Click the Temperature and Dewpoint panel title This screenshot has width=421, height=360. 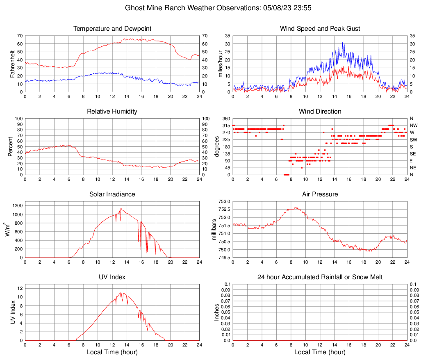[112, 29]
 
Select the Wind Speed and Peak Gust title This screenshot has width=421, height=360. [320, 29]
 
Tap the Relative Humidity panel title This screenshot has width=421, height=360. [112, 112]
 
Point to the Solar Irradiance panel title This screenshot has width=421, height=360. [112, 194]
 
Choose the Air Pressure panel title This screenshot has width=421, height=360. [320, 194]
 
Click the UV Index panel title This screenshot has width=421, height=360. [112, 277]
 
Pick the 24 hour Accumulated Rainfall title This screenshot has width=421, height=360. [320, 277]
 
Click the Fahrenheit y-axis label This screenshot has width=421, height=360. [12, 64]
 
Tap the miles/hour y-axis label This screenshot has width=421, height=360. [220, 64]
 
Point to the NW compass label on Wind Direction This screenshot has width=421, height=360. [413, 125]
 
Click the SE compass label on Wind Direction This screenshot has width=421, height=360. [413, 154]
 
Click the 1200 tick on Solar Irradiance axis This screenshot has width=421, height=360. [17, 204]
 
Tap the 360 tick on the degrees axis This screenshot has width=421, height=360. [225, 118]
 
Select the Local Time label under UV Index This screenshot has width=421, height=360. [112, 352]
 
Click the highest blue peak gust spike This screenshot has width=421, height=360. [343, 43]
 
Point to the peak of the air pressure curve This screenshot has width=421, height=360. [295, 207]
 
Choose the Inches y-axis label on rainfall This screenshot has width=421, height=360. [217, 312]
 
